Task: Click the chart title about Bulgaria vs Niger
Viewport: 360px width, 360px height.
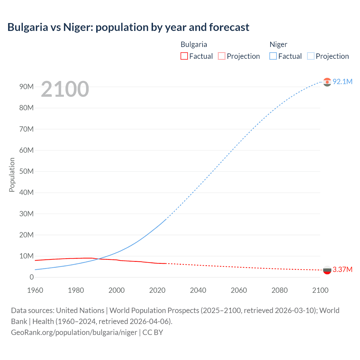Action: (x=128, y=27)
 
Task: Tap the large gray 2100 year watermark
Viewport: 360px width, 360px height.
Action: (x=65, y=89)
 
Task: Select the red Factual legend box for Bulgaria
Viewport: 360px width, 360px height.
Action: (x=184, y=56)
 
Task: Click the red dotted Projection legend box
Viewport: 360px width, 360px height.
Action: (x=222, y=56)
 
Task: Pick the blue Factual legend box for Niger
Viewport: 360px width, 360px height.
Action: (x=273, y=56)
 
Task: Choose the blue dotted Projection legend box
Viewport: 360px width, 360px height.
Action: (x=311, y=56)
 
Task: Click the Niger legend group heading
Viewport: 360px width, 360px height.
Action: (x=278, y=44)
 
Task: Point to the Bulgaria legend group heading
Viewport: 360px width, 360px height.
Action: (x=193, y=44)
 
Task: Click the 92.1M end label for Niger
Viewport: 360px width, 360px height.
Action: (x=342, y=82)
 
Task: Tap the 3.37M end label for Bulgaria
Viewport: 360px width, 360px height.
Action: (x=342, y=269)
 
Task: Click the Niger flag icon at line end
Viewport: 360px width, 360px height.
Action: (x=327, y=82)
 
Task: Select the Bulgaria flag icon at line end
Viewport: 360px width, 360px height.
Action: (x=327, y=270)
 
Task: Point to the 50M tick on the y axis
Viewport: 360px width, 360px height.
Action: (x=26, y=171)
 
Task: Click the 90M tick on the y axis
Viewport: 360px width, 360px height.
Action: (x=26, y=87)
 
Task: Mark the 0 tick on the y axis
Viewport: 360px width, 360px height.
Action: (x=31, y=277)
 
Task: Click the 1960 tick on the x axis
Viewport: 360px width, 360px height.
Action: (x=35, y=290)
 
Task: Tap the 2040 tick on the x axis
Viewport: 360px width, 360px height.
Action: (x=198, y=290)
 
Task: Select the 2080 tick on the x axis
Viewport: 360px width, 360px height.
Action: (x=280, y=290)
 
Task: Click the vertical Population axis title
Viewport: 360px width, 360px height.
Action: (x=12, y=175)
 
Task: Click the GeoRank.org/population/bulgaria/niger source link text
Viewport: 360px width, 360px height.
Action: (x=74, y=332)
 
